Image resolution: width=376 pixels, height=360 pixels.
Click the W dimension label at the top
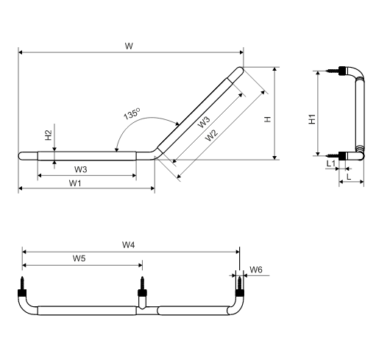coord(129,46)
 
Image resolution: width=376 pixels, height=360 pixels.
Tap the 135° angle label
coord(132,113)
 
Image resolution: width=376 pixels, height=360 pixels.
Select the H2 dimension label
coord(49,135)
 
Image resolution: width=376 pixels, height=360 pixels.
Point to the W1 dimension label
coord(75,183)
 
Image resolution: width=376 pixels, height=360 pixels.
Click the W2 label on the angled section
coord(211,135)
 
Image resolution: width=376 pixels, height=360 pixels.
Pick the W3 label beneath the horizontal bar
coord(80,169)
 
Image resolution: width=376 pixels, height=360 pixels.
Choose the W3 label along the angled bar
coord(204,122)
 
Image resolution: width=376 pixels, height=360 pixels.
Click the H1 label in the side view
coord(312,119)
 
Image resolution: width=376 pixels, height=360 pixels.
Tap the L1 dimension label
coord(330,163)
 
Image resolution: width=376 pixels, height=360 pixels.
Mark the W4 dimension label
coord(129,244)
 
